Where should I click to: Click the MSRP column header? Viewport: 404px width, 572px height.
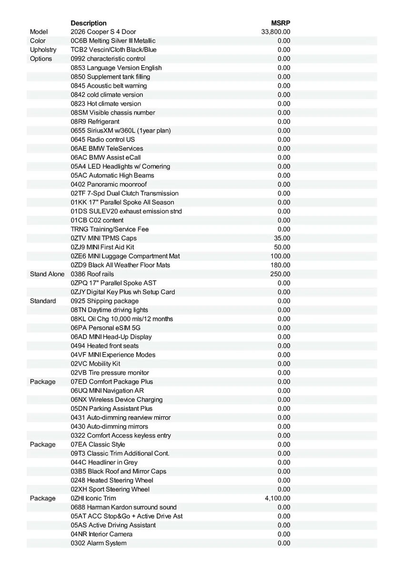(x=281, y=23)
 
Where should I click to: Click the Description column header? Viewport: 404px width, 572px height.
(x=89, y=23)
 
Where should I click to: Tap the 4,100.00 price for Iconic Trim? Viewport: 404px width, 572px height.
(x=277, y=498)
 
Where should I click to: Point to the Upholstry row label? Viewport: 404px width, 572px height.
(x=43, y=50)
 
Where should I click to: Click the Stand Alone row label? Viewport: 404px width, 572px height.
(x=47, y=274)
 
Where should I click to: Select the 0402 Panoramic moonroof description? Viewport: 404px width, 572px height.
(x=109, y=184)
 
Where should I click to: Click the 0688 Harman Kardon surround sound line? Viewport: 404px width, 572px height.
(x=123, y=507)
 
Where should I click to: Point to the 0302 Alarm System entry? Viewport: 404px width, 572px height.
(x=99, y=543)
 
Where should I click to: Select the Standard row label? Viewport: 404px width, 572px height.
(x=43, y=301)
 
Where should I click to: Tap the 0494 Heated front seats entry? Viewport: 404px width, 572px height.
(x=105, y=346)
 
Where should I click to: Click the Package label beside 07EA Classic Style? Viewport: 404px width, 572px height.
(x=43, y=445)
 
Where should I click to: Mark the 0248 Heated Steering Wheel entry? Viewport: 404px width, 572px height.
(x=112, y=480)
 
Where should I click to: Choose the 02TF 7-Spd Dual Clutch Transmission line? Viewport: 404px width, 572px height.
(x=124, y=194)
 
